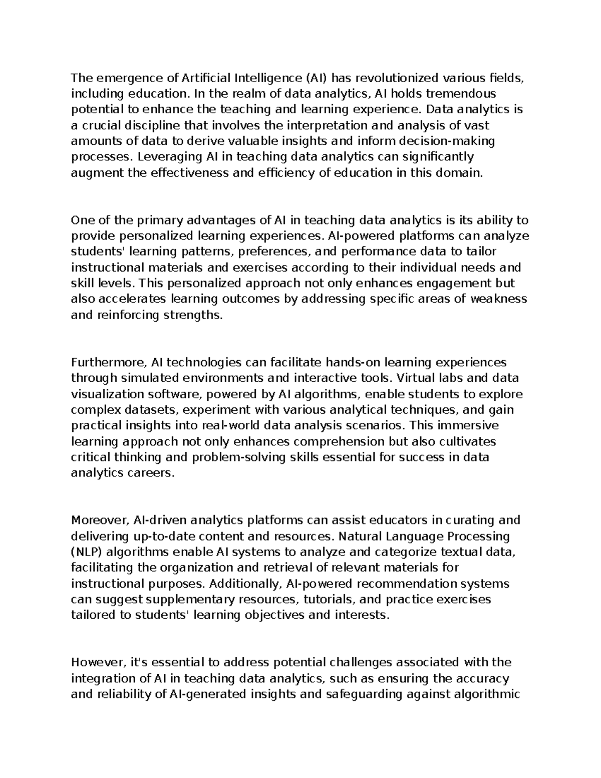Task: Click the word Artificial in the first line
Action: [205, 78]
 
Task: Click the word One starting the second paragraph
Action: [82, 220]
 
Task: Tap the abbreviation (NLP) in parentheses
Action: [87, 552]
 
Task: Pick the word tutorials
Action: [330, 599]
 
